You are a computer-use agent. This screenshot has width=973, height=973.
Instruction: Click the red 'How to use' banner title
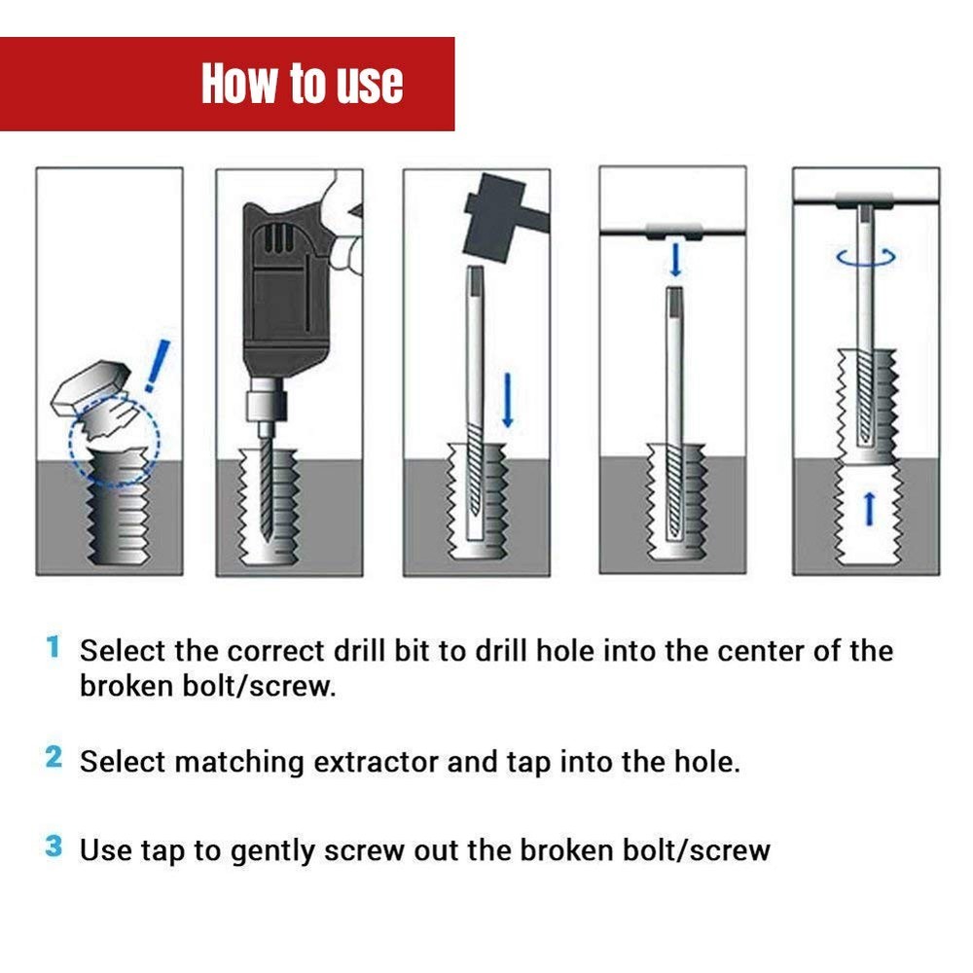[x=302, y=84]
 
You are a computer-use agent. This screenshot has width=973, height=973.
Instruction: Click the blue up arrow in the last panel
[x=870, y=506]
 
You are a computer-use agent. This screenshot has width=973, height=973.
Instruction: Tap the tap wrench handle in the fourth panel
[x=672, y=232]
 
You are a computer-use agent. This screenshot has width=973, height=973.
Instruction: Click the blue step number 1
[x=53, y=647]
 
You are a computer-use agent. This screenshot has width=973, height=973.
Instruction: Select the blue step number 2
[x=53, y=757]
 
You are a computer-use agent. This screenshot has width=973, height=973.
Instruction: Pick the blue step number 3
[x=53, y=847]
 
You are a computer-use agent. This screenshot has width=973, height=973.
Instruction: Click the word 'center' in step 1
[x=760, y=651]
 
